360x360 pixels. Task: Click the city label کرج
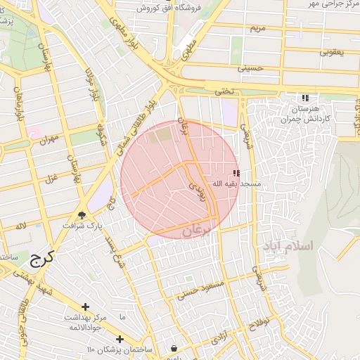(43, 258)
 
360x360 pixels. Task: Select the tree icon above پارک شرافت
(83, 215)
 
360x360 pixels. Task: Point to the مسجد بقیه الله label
(242, 184)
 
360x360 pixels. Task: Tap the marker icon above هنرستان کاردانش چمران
(305, 98)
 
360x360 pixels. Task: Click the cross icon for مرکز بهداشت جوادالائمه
(85, 307)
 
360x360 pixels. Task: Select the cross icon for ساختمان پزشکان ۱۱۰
(120, 339)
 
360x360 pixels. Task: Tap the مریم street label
(257, 29)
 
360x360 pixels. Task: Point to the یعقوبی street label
(332, 51)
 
